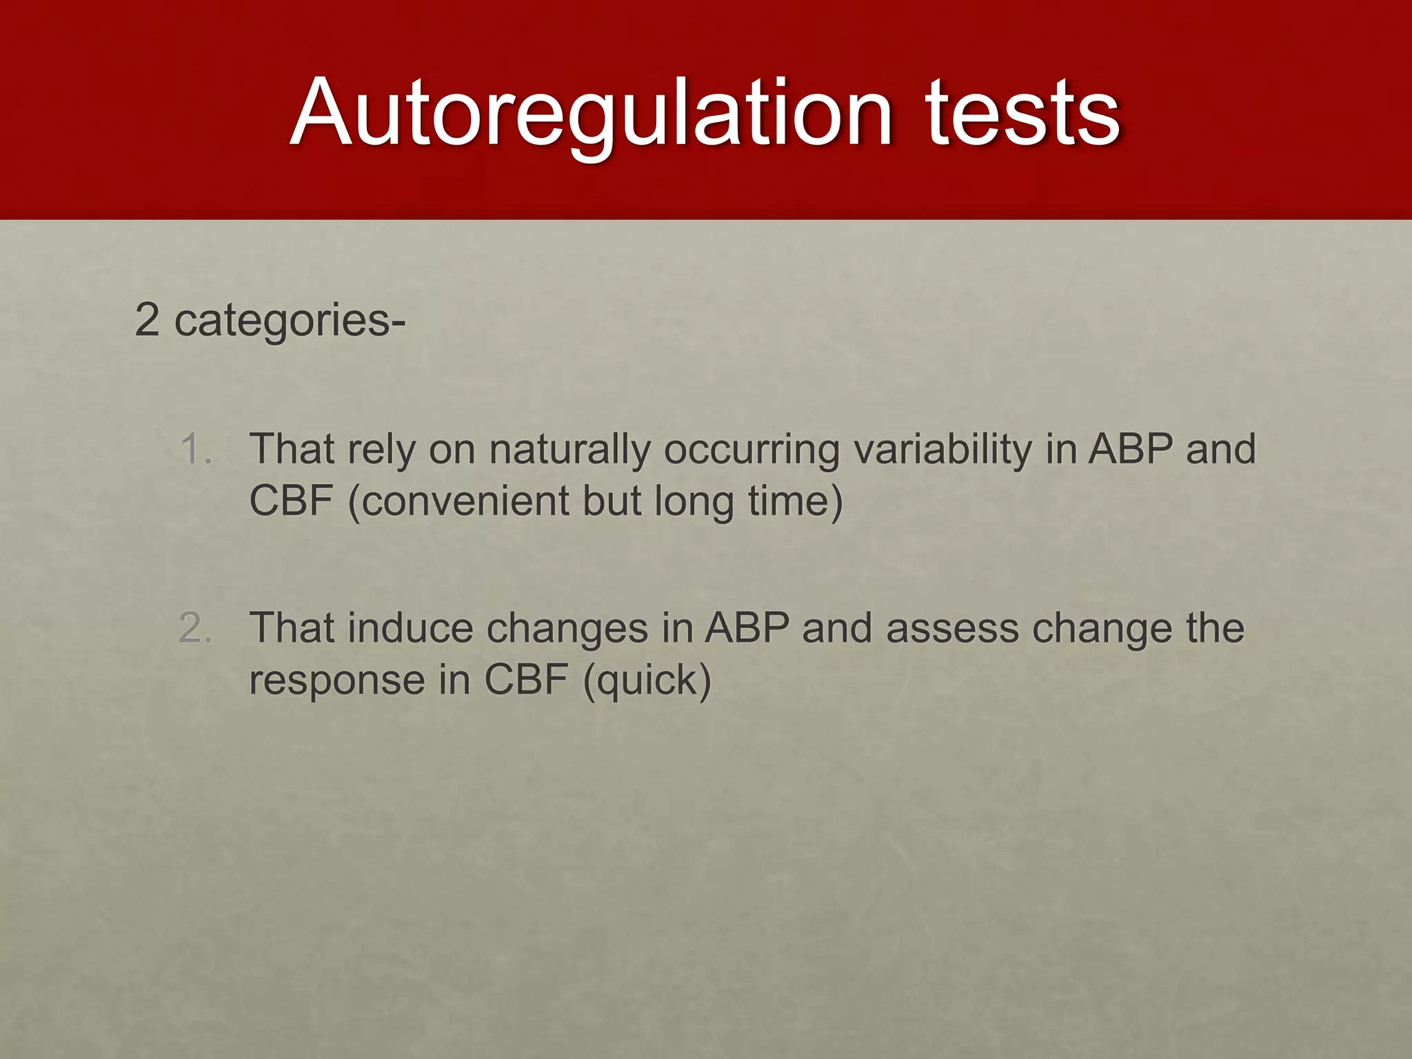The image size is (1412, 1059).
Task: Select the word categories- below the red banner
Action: point(290,321)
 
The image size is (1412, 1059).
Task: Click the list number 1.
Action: point(195,449)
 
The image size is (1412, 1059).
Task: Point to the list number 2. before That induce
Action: point(195,628)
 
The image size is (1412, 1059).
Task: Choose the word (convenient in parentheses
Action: point(459,501)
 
